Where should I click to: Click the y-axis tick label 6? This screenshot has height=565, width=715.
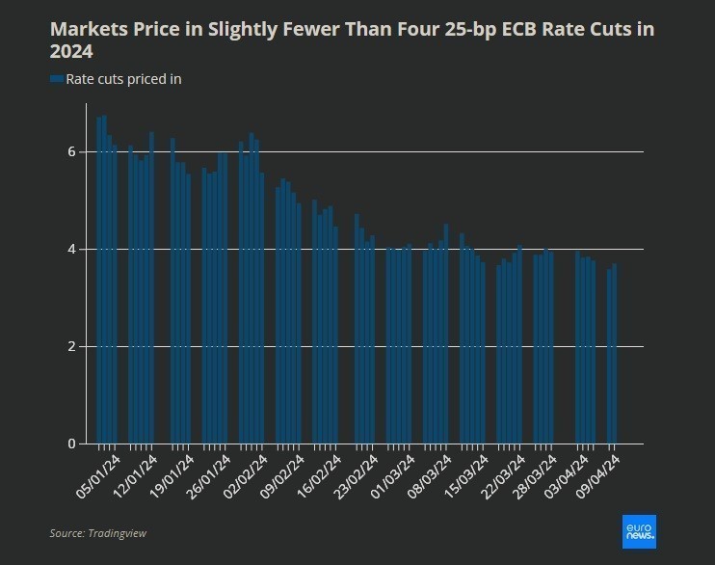point(70,151)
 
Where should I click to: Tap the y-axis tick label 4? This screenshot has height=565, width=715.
point(70,249)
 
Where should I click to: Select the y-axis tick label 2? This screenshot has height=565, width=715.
point(70,346)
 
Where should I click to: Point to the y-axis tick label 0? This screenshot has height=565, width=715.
point(70,444)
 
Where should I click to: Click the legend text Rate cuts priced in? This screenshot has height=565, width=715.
point(123,79)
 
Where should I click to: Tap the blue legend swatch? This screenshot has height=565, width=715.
point(57,79)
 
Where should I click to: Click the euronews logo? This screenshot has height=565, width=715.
point(639,529)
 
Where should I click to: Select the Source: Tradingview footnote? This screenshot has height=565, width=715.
point(98,532)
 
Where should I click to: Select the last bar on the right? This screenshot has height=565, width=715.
point(614,353)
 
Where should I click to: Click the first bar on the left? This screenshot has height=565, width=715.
point(99,280)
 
